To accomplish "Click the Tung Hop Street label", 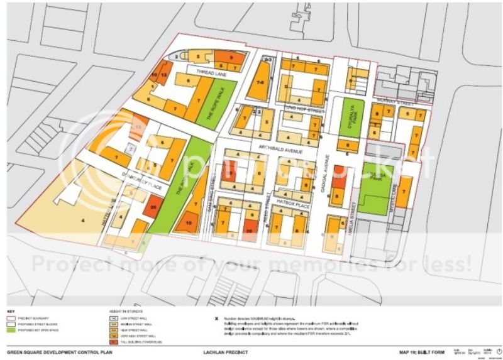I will click(304, 109).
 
